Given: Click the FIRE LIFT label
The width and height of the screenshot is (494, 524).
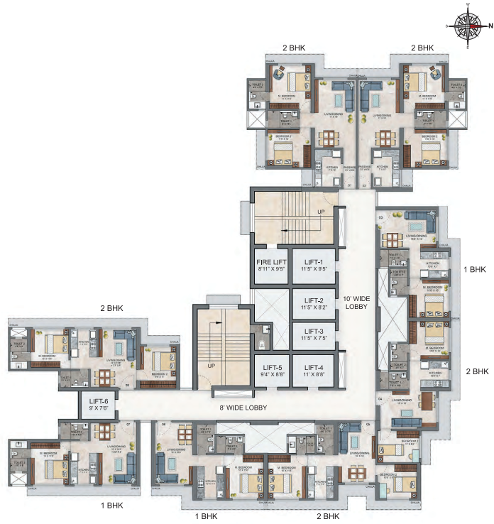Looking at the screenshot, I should click(270, 266).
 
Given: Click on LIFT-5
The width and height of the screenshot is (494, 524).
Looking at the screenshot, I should click(270, 369).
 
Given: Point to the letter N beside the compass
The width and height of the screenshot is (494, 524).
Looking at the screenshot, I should click(490, 26).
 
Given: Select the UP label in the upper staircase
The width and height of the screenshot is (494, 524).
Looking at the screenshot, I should click(320, 212).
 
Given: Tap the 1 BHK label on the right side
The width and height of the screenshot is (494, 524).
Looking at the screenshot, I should click(475, 270).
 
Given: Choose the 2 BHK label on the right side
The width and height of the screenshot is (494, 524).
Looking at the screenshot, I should click(476, 371).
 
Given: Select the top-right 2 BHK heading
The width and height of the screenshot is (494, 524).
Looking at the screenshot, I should click(421, 48).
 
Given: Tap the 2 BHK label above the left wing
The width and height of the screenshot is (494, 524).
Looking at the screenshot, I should click(111, 308).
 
